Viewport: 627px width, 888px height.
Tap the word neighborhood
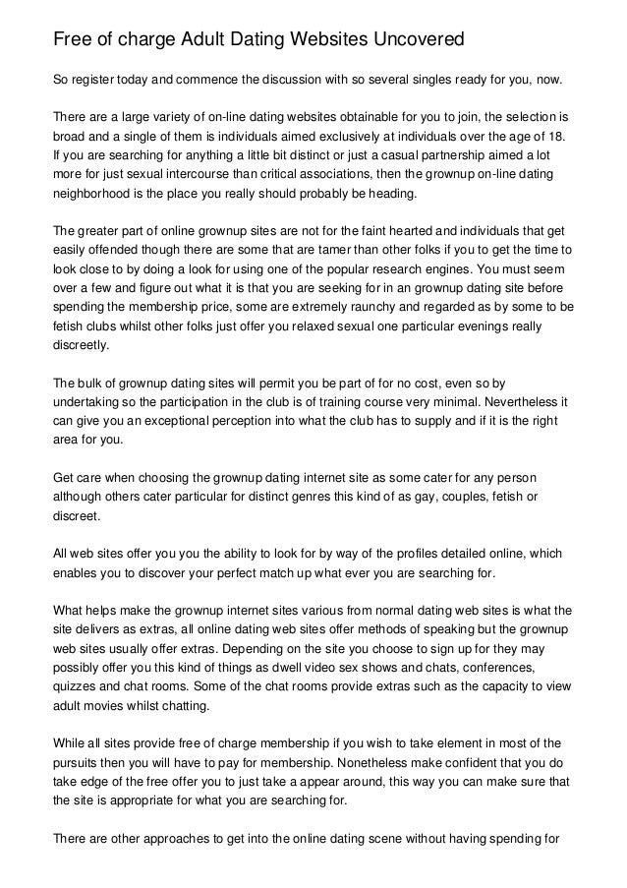point(95,193)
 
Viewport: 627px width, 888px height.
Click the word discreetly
point(86,345)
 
